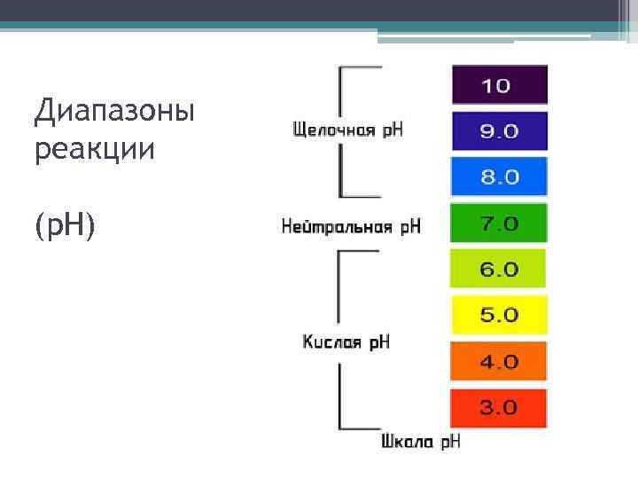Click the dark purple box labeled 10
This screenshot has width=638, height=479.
[500, 85]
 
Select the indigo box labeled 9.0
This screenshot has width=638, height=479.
[500, 130]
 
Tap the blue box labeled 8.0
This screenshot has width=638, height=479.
[500, 176]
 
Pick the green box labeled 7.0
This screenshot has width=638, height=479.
[499, 223]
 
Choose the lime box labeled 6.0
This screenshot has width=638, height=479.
[499, 268]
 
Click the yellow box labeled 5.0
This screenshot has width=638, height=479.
[499, 315]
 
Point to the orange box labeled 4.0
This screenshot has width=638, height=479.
[499, 361]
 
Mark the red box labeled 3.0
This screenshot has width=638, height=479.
[499, 408]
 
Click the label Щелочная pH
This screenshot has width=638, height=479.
[348, 130]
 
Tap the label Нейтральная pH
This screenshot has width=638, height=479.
[351, 226]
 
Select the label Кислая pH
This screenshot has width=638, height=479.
[346, 342]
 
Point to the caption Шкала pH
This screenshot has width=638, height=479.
[421, 441]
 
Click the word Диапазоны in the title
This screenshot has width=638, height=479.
[114, 114]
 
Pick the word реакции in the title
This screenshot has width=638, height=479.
[95, 148]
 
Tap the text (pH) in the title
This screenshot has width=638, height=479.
[65, 227]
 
